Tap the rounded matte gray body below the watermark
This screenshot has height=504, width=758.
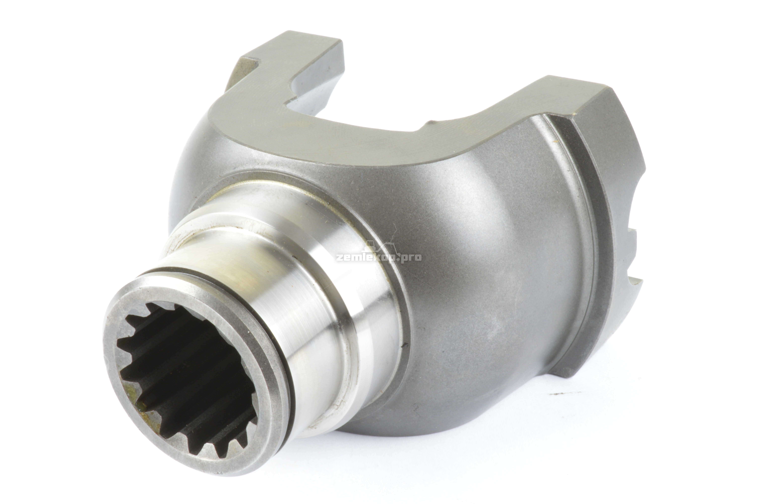(482, 321)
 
